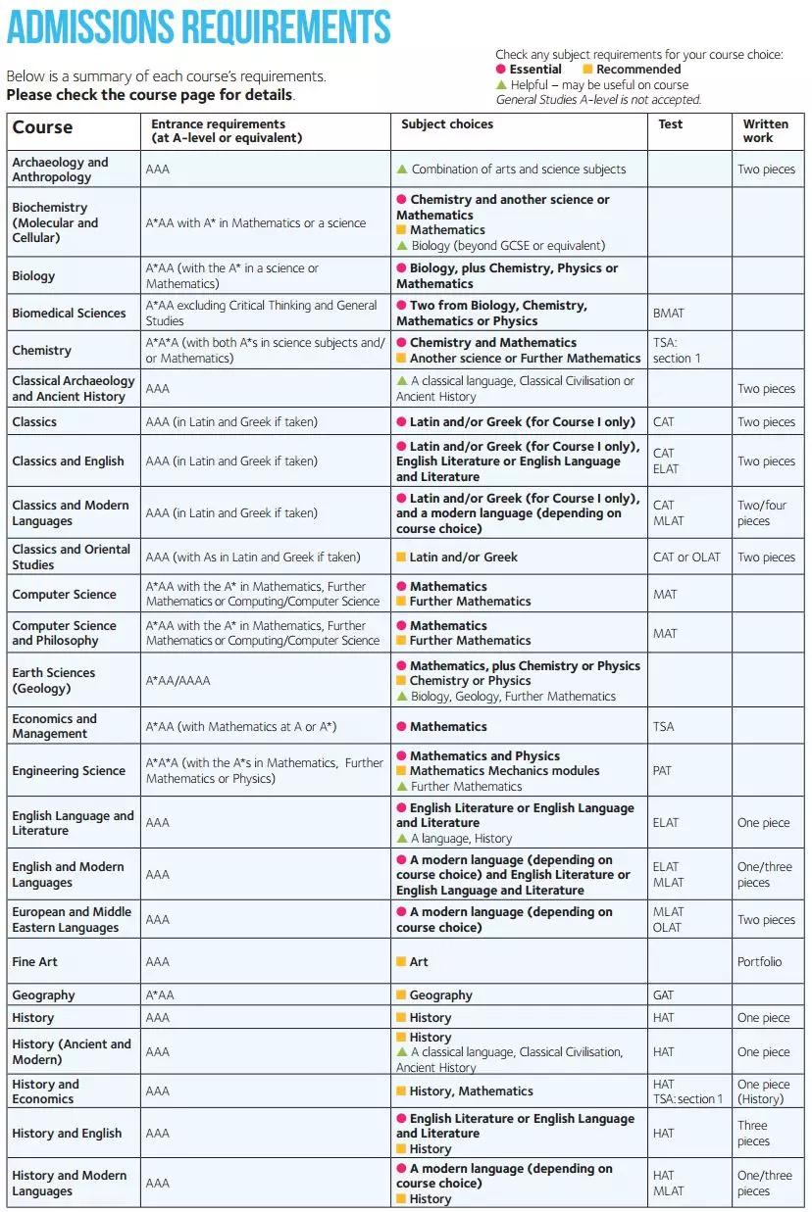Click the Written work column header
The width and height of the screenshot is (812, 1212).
coord(765,131)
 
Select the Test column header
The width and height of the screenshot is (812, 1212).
coord(671,124)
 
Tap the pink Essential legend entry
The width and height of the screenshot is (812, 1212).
coord(530,70)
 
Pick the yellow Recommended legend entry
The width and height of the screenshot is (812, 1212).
coord(632,70)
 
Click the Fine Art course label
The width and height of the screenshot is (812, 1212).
coord(35,962)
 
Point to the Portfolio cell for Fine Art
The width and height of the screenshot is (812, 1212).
coord(759,962)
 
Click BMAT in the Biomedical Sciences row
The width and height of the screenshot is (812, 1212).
coord(669,314)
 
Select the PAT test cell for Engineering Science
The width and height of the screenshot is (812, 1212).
coord(663,771)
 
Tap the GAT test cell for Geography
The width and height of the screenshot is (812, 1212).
coord(664,995)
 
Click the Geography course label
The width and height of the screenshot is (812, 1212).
coord(44,995)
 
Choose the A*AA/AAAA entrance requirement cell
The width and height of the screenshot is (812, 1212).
coord(178,681)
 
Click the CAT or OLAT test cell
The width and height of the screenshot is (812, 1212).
coord(686,558)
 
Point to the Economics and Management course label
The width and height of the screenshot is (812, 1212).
coord(55,726)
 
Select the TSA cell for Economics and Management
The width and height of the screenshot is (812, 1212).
coord(664,727)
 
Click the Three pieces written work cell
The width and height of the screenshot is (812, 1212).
coord(753,1134)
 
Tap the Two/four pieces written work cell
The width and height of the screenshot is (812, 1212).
coord(762,513)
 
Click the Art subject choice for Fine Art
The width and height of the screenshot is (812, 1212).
coord(419,962)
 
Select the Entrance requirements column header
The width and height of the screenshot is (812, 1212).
coord(225,131)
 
